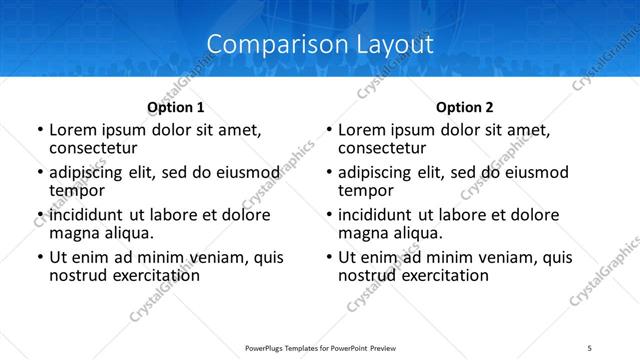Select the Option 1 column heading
176,107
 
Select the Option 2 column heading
465,107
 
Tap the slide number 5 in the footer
590,347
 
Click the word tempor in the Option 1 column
77,191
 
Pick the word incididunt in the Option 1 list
86,215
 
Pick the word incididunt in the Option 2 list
375,215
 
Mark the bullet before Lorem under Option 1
40,131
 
